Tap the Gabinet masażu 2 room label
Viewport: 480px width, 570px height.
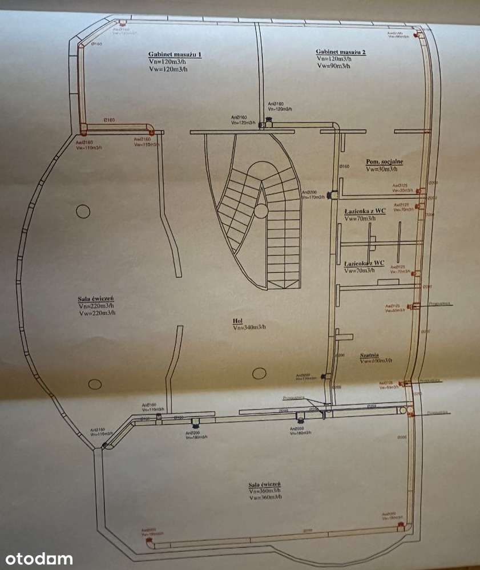(x=341, y=52)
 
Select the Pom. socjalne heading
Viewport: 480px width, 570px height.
(x=385, y=161)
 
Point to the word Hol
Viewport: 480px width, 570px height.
(x=237, y=321)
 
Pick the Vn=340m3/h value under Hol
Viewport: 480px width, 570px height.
(x=249, y=328)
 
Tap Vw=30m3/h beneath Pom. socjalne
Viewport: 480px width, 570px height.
(x=385, y=169)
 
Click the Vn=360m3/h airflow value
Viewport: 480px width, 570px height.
(x=265, y=491)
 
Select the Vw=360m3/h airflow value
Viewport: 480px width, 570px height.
(x=265, y=497)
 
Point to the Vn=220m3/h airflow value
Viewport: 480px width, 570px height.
(x=98, y=306)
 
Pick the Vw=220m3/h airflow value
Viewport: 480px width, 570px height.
(x=98, y=313)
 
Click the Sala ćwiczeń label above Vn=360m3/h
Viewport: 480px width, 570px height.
(x=265, y=484)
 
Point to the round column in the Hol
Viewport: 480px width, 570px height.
(x=260, y=374)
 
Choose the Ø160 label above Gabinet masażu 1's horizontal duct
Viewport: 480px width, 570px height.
(x=109, y=120)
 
